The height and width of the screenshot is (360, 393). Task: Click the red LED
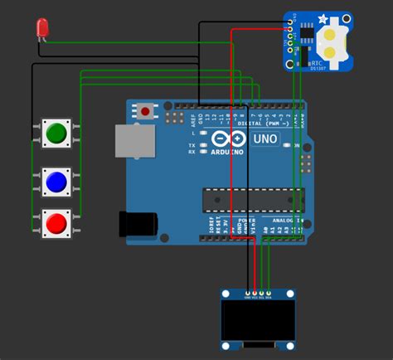tap(41, 30)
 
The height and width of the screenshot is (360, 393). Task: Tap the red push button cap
tap(56, 222)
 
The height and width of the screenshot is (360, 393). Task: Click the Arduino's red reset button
tap(147, 109)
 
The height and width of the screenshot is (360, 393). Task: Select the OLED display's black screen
tap(258, 319)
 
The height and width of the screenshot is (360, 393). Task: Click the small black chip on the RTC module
tap(307, 34)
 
